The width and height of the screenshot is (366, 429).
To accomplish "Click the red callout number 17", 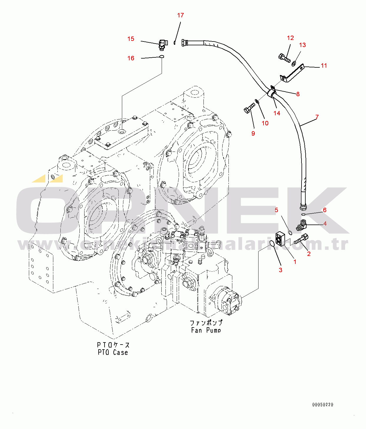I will pos(180,15).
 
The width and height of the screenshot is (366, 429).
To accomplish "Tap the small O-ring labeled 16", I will pos(161,57).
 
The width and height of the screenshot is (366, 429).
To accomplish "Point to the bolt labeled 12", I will pos(284,58).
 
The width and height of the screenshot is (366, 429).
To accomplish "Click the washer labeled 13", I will pos(294,63).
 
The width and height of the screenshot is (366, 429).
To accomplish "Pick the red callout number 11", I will pos(324,66).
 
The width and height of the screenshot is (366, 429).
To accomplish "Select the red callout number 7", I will pos(317,117).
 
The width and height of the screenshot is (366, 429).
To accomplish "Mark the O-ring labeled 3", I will pos(272,244).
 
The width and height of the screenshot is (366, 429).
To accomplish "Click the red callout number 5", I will pos(276,210).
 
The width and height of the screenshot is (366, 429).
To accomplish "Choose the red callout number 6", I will pos(325,210).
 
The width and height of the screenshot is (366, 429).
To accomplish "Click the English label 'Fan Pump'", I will pos(206,330).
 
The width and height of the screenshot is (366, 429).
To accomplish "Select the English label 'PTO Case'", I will pos(113,352).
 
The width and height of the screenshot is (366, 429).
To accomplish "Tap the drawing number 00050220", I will pos(323,405).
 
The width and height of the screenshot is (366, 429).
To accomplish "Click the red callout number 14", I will pos(277,113).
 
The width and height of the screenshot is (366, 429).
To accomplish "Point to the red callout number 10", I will pos(265,123).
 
